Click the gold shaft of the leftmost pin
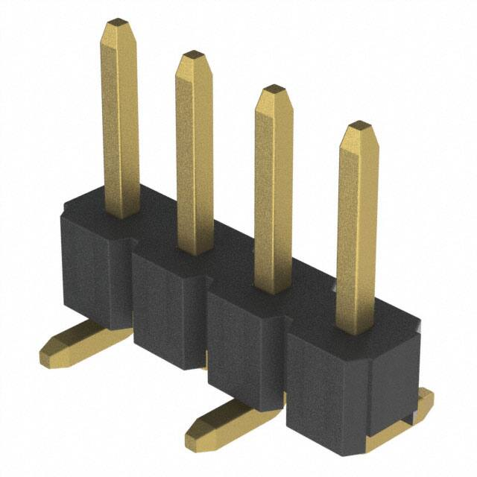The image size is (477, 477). coord(119,119)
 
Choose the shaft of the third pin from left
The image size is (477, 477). coord(273,194)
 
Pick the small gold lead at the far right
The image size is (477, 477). coord(423,406)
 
